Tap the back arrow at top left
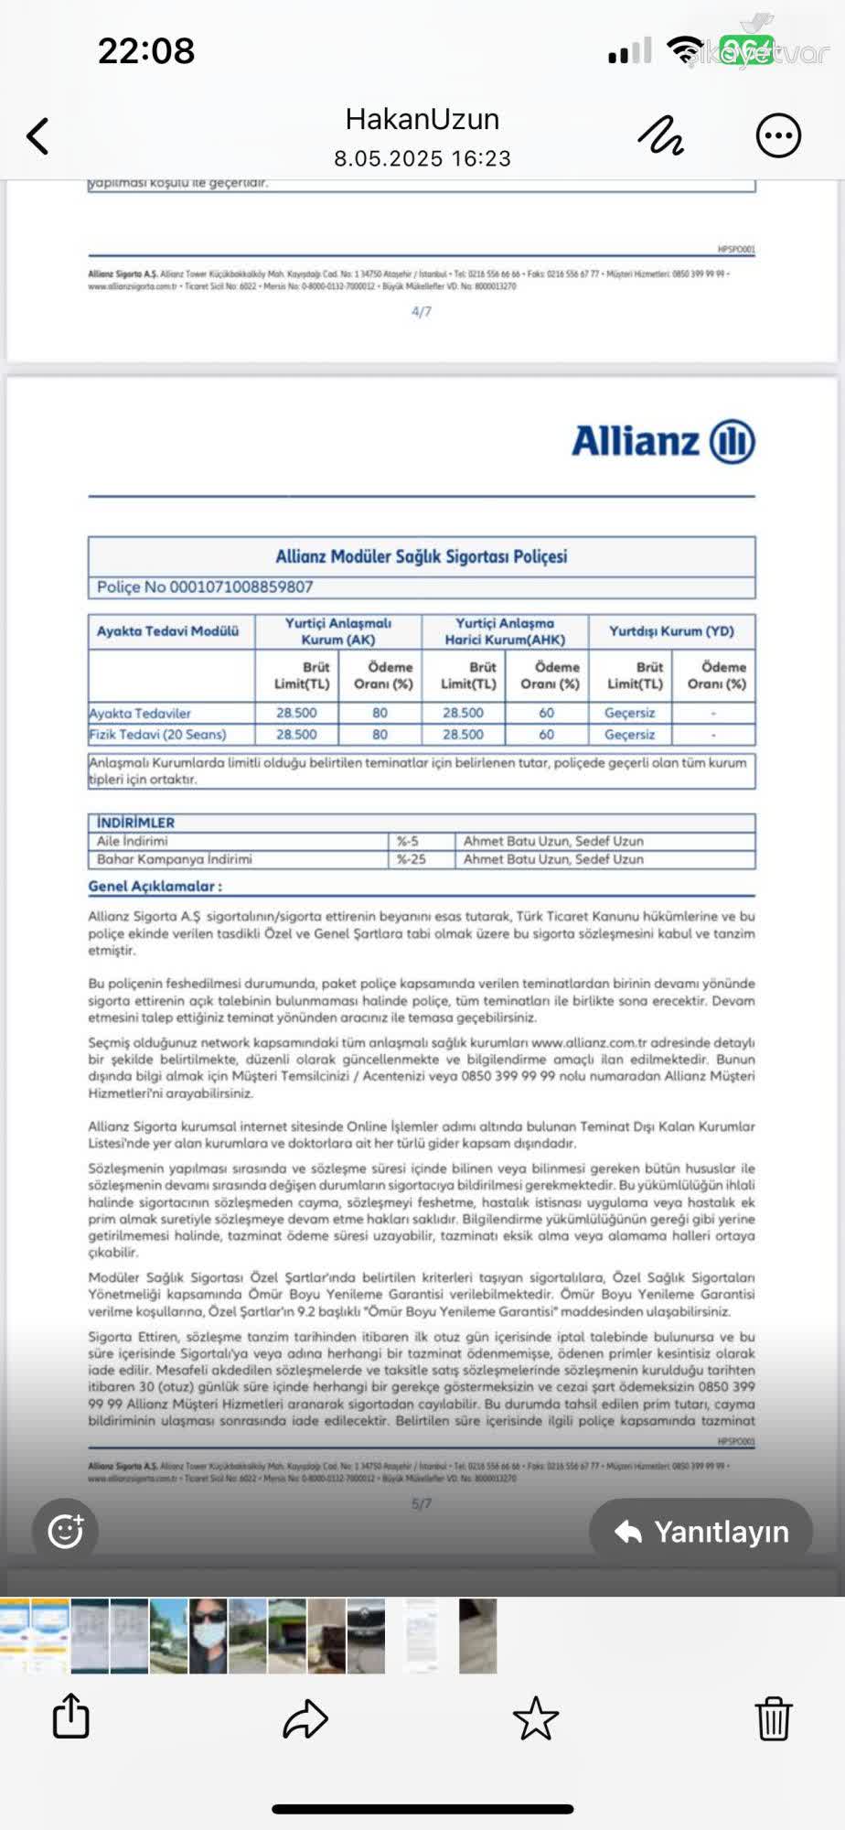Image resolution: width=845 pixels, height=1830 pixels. click(37, 136)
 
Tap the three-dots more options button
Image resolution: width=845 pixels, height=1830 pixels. click(778, 136)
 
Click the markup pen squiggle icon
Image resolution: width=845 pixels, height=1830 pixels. click(661, 136)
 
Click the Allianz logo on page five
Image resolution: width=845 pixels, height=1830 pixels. click(663, 442)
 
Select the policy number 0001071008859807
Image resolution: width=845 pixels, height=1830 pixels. click(205, 587)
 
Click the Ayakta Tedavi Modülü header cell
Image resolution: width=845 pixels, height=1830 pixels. click(168, 631)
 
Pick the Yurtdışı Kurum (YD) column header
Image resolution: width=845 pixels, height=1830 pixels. click(671, 631)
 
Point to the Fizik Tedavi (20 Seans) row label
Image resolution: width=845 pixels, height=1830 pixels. click(157, 735)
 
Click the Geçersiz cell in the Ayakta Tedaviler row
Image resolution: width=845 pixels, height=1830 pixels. click(629, 713)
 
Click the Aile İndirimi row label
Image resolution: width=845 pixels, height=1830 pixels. click(133, 841)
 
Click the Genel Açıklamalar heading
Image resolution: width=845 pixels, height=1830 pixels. click(155, 886)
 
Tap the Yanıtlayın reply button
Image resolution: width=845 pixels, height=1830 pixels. click(701, 1532)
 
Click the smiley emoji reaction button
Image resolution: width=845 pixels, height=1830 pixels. click(65, 1531)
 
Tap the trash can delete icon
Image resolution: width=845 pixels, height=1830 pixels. click(773, 1717)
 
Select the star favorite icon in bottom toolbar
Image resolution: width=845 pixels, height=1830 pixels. click(536, 1717)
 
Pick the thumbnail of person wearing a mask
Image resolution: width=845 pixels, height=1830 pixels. click(208, 1636)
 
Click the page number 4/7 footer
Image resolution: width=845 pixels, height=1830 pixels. click(422, 312)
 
